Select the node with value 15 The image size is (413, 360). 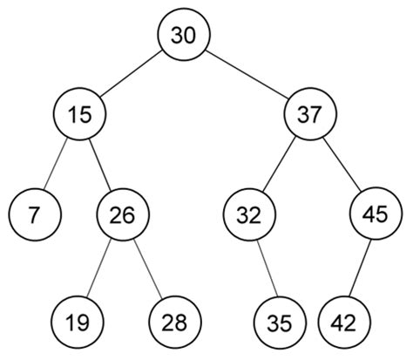click(78, 113)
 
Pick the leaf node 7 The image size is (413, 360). click(35, 214)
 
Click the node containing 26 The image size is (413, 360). click(123, 214)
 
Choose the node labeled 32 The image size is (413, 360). click(250, 214)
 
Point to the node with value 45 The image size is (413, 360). click(375, 214)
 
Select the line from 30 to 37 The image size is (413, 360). click(247, 73)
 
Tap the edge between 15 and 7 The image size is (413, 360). click(58, 162)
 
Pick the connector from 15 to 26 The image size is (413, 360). click(100, 163)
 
